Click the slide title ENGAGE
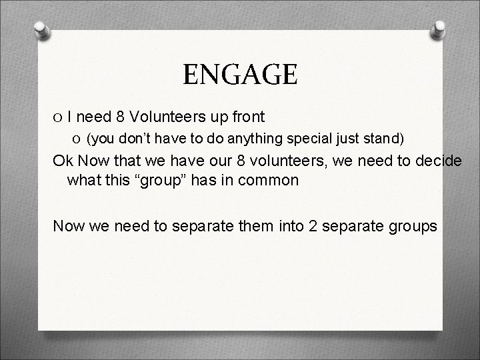coord(240,74)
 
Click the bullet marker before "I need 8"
coord(59,118)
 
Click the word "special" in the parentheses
coord(312,139)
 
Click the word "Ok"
coord(64,161)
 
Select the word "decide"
coord(436,161)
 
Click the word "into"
coord(287,226)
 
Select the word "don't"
coord(132,139)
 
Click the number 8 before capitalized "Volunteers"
coord(120,117)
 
